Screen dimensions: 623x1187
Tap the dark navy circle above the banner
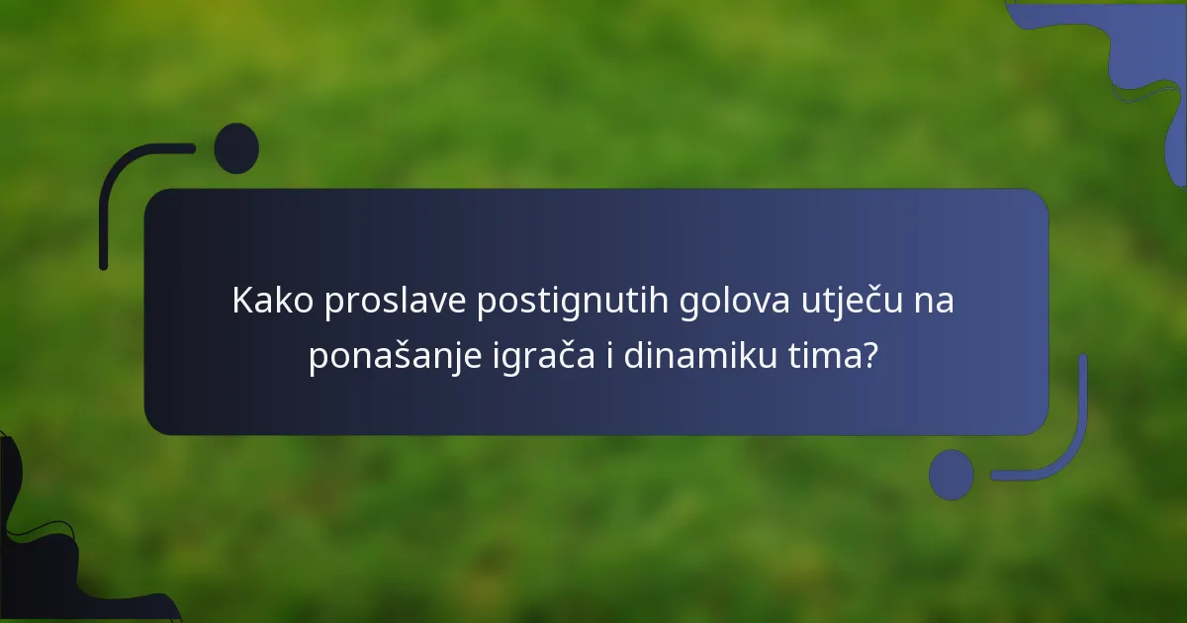[236, 148]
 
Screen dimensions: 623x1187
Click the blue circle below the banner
[951, 475]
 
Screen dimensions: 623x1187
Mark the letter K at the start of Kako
[242, 302]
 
